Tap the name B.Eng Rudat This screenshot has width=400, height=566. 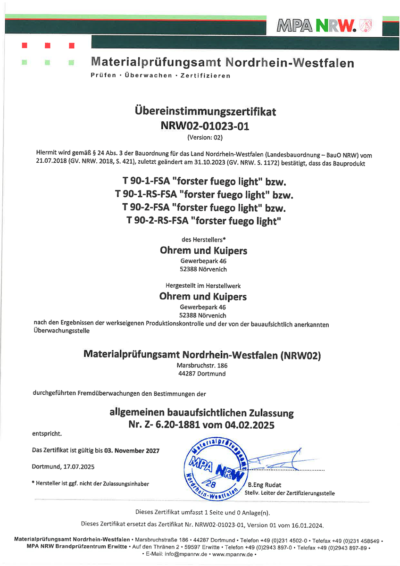[x=262, y=485]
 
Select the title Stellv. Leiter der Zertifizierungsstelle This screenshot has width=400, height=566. [x=290, y=493]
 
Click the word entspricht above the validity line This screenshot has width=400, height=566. [x=47, y=433]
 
